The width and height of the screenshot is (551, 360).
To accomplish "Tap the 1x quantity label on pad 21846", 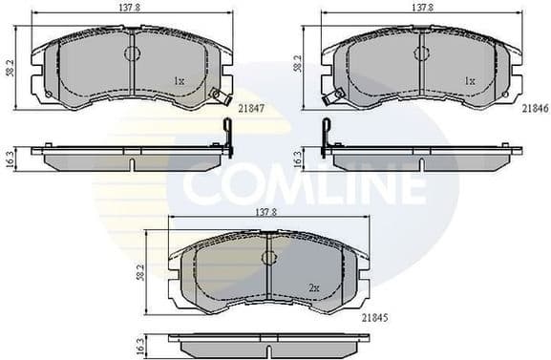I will pos(469,81).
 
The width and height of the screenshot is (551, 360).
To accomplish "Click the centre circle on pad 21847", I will pos(132,53).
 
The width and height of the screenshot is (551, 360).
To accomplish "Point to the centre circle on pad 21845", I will pos(269,258).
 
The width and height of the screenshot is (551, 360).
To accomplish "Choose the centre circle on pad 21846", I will pos(422,53).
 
